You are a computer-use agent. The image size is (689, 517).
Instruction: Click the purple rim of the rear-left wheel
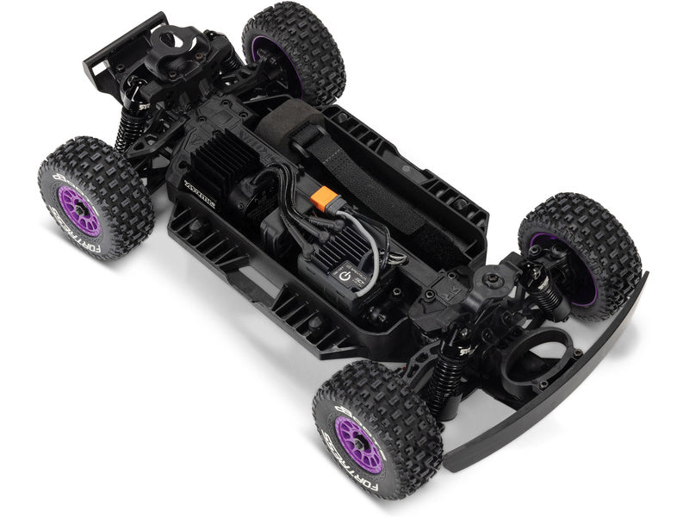pyautogui.click(x=80, y=211)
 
